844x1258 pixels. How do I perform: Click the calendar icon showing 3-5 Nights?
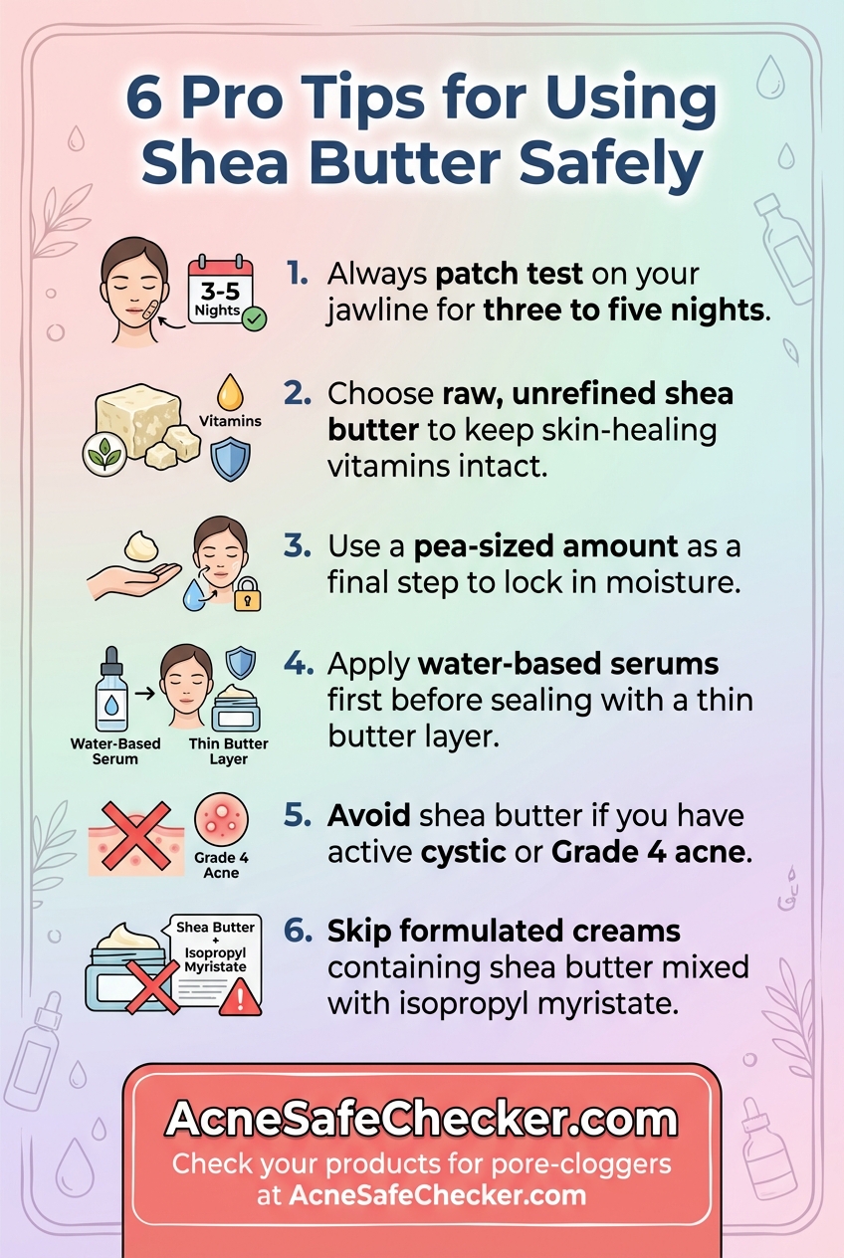click(x=220, y=290)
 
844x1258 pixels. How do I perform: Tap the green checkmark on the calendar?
click(x=255, y=319)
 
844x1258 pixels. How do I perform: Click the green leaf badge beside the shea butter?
click(x=105, y=456)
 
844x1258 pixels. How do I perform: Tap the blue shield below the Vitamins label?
click(x=230, y=460)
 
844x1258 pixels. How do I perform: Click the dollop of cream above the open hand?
click(x=141, y=545)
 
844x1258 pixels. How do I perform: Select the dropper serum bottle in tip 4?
click(x=111, y=689)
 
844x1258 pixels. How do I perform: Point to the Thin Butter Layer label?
click(x=229, y=750)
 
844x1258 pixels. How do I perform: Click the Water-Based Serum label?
click(x=115, y=750)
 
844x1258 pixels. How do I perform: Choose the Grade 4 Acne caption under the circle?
click(x=221, y=865)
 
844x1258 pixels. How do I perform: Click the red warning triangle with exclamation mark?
click(x=240, y=997)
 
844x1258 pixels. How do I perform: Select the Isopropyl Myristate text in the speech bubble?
click(x=216, y=959)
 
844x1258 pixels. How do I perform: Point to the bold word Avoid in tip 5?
click(x=369, y=815)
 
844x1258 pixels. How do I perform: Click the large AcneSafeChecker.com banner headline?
click(x=422, y=1119)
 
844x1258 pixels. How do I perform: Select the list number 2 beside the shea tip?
click(x=297, y=393)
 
